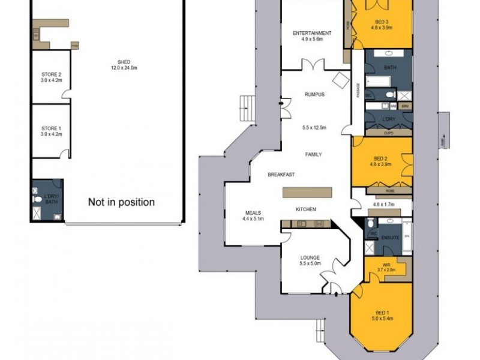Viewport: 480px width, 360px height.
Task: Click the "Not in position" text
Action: (121, 202)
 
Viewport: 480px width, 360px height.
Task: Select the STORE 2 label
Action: (51, 77)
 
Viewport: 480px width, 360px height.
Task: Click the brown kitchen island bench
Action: (308, 193)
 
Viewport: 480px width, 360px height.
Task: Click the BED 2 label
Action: (382, 157)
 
